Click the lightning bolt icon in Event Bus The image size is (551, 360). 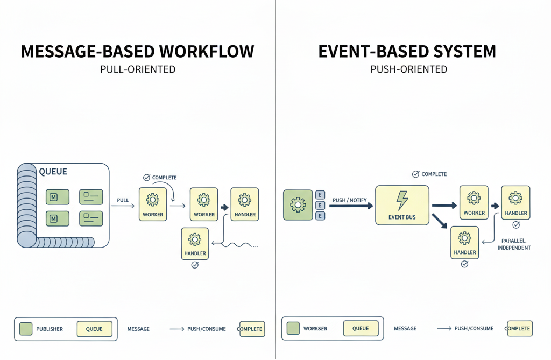tap(402, 200)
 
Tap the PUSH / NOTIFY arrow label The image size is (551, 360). tap(349, 200)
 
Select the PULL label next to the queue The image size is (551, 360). tap(123, 200)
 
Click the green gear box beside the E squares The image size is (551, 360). tap(298, 205)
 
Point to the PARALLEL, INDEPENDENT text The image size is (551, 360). tap(514, 244)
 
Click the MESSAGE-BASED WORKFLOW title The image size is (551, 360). tap(137, 52)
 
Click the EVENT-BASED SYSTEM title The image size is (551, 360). tap(407, 52)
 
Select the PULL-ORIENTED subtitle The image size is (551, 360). tap(138, 69)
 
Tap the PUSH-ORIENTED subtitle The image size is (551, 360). tap(409, 69)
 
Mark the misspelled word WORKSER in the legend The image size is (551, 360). tap(315, 328)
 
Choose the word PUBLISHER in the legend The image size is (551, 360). tap(50, 329)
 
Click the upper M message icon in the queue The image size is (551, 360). tap(58, 197)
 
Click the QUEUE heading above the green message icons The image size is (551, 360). tap(53, 172)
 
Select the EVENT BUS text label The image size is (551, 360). tap(402, 217)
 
